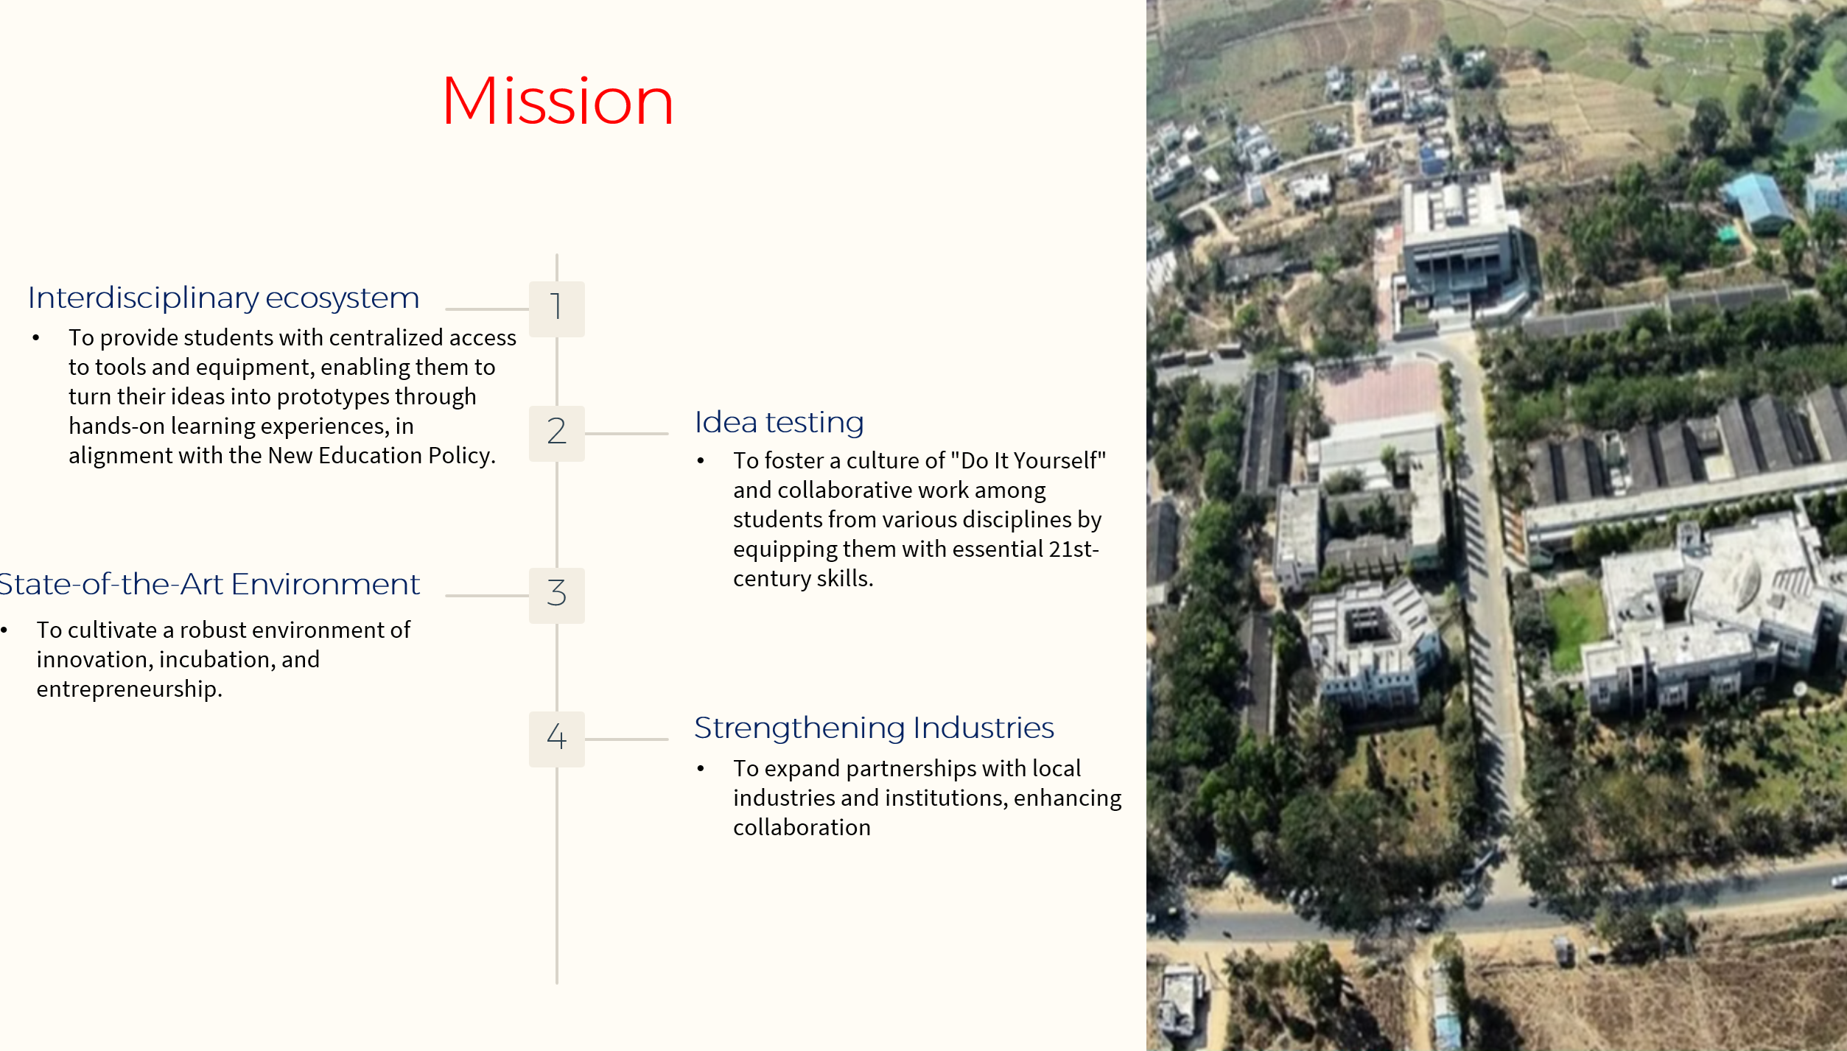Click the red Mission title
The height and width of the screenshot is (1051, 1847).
pyautogui.click(x=558, y=101)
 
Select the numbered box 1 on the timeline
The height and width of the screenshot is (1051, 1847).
pyautogui.click(x=557, y=309)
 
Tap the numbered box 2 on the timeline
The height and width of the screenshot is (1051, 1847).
pyautogui.click(x=557, y=434)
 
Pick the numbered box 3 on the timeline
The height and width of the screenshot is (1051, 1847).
pyautogui.click(x=557, y=596)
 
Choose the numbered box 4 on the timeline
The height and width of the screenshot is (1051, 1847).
pyautogui.click(x=557, y=739)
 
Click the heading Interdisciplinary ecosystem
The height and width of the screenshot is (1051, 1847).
pyautogui.click(x=224, y=298)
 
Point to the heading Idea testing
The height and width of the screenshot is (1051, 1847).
pyautogui.click(x=779, y=423)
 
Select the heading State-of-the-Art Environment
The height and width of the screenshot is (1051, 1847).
pyautogui.click(x=210, y=584)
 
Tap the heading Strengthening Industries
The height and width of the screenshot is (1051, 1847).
pyautogui.click(x=875, y=728)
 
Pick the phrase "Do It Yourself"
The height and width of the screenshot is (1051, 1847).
pyautogui.click(x=1028, y=460)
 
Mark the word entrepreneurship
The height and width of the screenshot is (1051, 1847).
pyautogui.click(x=130, y=690)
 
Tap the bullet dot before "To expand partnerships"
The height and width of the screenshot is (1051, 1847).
pyautogui.click(x=701, y=769)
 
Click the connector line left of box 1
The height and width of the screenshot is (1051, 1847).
pyautogui.click(x=487, y=309)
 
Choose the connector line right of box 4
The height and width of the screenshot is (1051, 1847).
pyautogui.click(x=626, y=739)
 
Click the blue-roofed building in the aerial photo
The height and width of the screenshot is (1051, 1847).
pyautogui.click(x=1757, y=200)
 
